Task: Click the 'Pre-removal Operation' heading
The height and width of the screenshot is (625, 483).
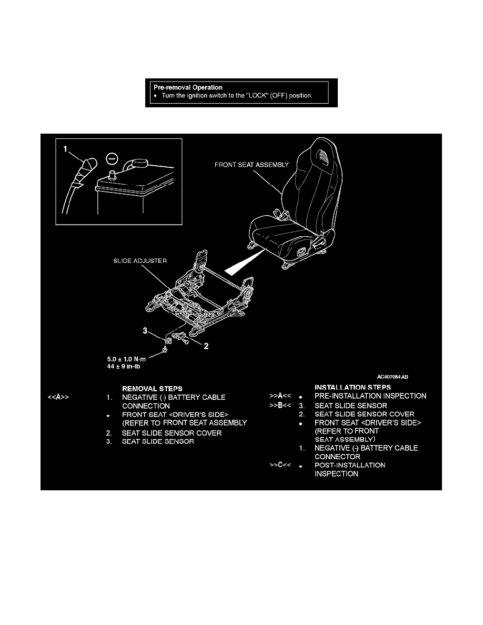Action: [x=188, y=87]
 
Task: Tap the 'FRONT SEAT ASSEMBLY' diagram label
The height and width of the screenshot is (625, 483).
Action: [x=251, y=165]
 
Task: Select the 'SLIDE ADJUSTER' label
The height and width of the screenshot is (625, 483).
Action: [x=140, y=261]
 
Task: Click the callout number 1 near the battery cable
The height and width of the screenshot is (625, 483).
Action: [x=65, y=149]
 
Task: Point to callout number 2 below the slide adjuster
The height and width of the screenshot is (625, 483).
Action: [x=206, y=346]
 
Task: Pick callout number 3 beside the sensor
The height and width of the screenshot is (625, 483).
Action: [x=145, y=330]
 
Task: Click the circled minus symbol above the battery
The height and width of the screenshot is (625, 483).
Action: [x=112, y=159]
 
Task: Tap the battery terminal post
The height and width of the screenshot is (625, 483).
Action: [x=112, y=175]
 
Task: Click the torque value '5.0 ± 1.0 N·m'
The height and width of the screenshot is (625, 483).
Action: [x=126, y=359]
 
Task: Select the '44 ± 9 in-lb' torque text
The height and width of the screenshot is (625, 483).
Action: [x=124, y=366]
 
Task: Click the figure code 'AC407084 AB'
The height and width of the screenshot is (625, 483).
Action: [x=393, y=377]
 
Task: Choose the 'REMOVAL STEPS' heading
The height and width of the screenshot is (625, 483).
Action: [x=152, y=389]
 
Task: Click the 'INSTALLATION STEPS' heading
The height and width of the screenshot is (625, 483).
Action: [x=353, y=387]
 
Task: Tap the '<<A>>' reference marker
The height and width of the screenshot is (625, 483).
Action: [x=58, y=397]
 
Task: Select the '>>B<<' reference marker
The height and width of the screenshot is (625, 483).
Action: [x=280, y=406]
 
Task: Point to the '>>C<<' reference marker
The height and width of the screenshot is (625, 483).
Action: [x=280, y=465]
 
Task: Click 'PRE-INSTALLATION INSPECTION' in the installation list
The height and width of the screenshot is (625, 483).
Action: [x=370, y=396]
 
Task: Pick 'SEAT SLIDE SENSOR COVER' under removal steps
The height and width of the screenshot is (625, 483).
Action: [x=172, y=433]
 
